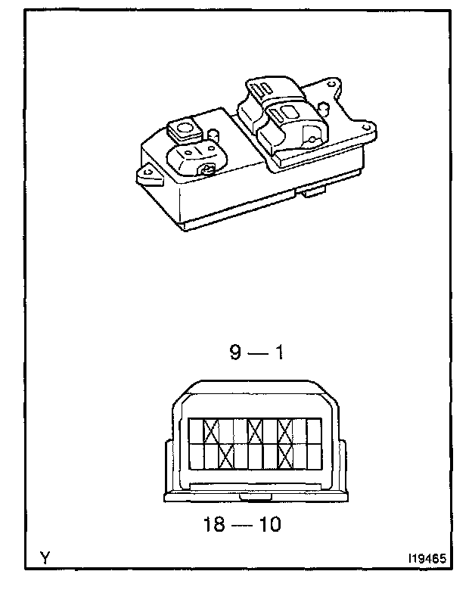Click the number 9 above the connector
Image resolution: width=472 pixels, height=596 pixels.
[237, 353]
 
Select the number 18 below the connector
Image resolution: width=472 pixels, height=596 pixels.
[216, 524]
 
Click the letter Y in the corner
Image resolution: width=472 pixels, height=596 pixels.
[45, 558]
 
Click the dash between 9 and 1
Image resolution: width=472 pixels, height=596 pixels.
[257, 354]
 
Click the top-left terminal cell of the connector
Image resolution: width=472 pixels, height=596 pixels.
[195, 432]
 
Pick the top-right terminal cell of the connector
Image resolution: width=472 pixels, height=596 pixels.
[313, 432]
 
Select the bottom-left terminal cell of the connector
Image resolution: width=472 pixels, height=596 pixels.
[195, 455]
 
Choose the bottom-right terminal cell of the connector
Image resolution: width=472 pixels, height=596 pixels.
[313, 455]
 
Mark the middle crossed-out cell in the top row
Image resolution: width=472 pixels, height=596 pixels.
[255, 432]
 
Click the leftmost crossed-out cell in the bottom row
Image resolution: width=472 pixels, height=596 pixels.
[226, 455]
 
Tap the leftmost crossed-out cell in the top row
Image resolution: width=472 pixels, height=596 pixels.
[212, 432]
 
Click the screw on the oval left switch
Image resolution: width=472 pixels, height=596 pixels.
[207, 169]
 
